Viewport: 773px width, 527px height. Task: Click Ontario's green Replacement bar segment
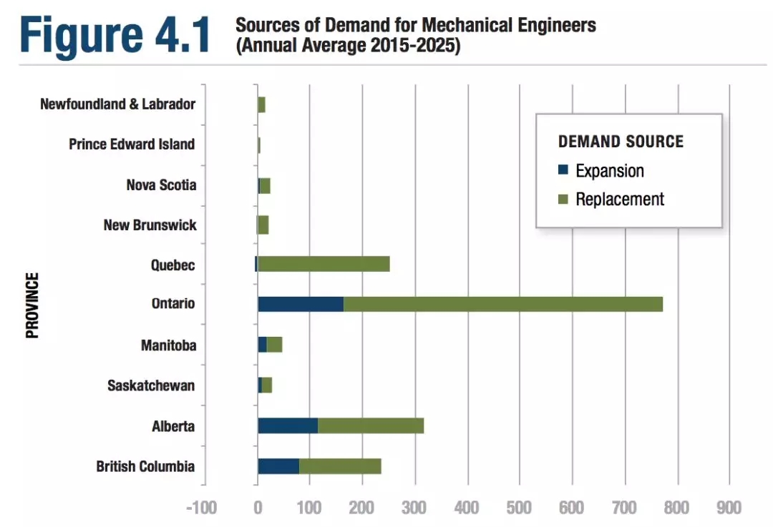coord(502,304)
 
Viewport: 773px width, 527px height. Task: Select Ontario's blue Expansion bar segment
coord(301,304)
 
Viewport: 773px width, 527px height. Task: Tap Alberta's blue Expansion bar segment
coord(288,426)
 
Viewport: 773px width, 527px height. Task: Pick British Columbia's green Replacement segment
coord(340,467)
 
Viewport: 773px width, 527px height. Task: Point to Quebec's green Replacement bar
coord(324,264)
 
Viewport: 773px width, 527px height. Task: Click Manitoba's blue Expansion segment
coord(263,345)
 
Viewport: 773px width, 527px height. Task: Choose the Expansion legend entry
coord(609,171)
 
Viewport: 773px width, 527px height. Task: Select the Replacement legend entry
coord(619,200)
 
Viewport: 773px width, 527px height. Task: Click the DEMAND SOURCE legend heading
coord(621,142)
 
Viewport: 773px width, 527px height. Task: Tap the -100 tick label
coord(201,508)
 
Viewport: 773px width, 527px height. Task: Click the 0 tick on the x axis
coord(258,508)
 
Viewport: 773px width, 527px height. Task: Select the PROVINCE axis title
coord(32,305)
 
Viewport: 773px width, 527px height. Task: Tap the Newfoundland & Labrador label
coord(117,104)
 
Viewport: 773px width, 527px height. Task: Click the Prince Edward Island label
coord(132,144)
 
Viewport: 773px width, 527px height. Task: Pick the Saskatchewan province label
coord(150,386)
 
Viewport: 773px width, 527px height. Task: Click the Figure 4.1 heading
coord(115,34)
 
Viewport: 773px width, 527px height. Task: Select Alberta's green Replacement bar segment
coord(371,426)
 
